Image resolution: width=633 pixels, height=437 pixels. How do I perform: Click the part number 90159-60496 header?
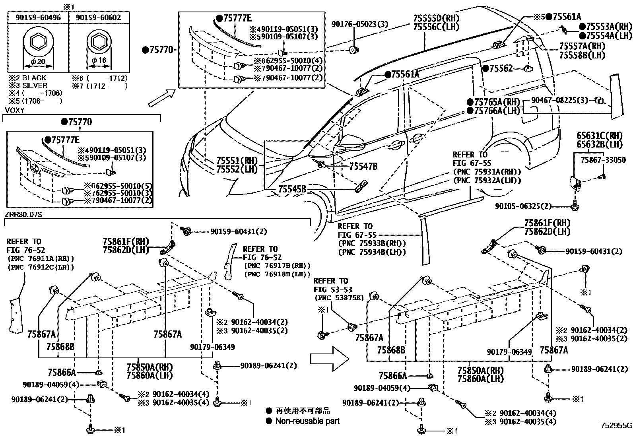[x=39, y=17]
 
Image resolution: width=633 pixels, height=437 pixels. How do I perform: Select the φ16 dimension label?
[x=99, y=60]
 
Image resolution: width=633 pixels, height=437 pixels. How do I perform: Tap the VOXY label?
[x=15, y=110]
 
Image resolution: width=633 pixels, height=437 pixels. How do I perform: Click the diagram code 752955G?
[x=616, y=425]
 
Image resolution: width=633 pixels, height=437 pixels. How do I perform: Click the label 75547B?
[x=363, y=166]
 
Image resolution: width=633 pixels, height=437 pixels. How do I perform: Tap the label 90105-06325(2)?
[x=524, y=206]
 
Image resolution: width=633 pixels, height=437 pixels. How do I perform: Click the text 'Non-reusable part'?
[x=307, y=421]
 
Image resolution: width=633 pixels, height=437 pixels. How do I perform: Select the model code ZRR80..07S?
[x=23, y=215]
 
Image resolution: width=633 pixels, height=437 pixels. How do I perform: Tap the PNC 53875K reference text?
[x=339, y=298]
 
